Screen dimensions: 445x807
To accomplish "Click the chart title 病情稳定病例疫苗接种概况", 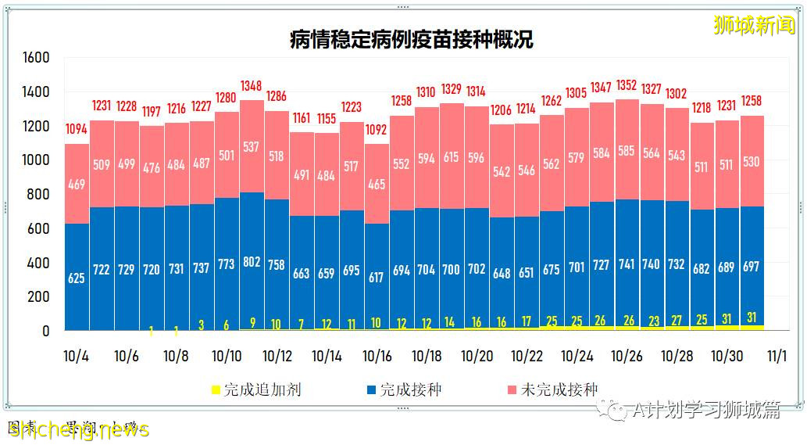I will [411, 39].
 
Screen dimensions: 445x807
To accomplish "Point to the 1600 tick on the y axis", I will [36, 57].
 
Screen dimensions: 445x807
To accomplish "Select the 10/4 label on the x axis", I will [76, 356].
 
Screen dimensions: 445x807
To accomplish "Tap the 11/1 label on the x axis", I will [777, 356].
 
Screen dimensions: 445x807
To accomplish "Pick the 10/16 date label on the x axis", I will [377, 356].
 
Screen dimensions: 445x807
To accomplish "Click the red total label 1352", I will [627, 84].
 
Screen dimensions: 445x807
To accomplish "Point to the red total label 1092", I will [377, 129].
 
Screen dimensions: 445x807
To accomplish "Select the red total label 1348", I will [252, 85].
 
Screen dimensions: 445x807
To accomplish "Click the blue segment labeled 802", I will [252, 263].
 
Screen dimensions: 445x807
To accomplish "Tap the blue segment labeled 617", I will [377, 278].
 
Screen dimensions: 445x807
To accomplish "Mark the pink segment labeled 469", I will [77, 185].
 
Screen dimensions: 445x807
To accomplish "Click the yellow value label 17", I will [527, 322].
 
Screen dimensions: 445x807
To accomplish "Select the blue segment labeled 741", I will [627, 265].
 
